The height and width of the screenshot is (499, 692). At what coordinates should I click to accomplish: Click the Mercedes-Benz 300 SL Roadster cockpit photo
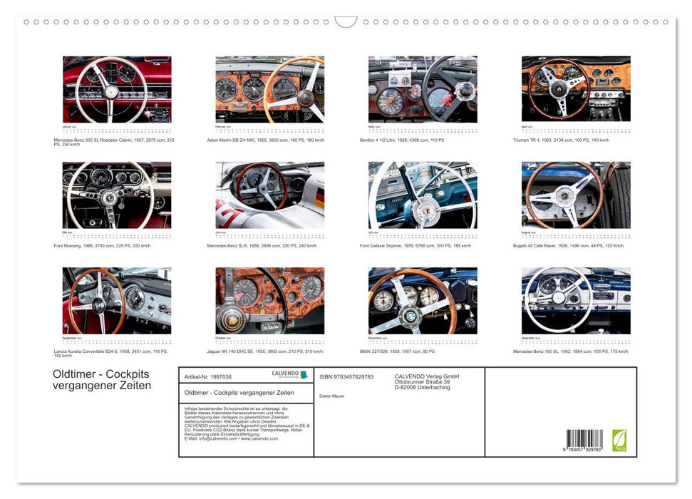[117, 89]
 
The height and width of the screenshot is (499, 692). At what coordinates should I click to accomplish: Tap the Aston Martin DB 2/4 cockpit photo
[269, 89]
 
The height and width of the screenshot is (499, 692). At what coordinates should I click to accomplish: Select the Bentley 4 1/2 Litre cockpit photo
[423, 89]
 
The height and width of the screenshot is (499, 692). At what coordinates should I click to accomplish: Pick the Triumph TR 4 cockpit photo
[576, 89]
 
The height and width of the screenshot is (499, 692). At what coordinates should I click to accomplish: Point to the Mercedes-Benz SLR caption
[262, 245]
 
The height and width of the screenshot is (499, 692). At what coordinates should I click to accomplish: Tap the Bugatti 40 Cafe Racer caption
[568, 245]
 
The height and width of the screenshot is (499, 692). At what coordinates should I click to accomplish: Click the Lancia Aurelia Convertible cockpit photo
[117, 300]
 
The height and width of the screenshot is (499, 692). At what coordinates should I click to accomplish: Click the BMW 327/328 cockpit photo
[423, 300]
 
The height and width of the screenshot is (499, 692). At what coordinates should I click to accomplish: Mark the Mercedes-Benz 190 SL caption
[570, 351]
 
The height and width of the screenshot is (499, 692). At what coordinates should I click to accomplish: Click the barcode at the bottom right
[584, 439]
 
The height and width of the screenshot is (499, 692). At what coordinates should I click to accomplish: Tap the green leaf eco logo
[619, 439]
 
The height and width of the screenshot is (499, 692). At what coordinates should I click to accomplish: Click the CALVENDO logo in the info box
[289, 374]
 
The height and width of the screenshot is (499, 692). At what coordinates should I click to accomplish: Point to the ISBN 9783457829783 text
[346, 376]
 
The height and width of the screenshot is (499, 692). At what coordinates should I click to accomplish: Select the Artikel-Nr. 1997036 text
[208, 376]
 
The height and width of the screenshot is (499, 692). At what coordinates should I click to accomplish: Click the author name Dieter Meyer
[332, 396]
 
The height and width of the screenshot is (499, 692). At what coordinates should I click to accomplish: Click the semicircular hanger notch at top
[346, 22]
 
